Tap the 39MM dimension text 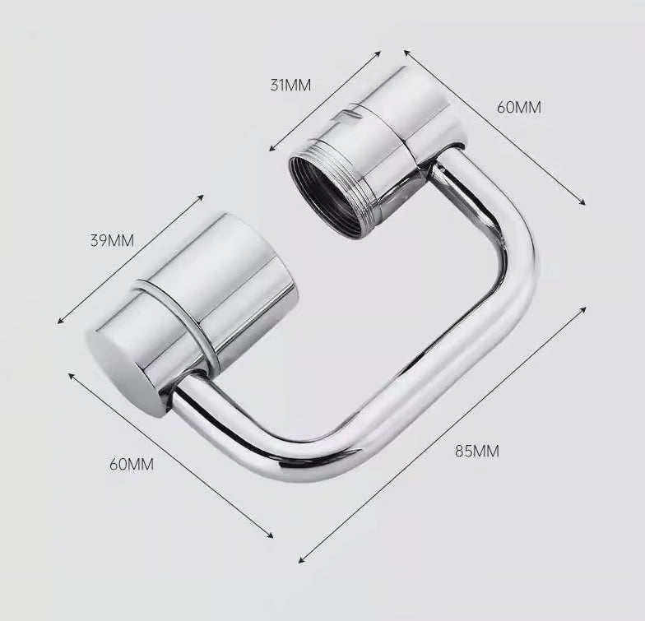pos(112,241)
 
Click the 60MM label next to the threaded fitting pos(519,107)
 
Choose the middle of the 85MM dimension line pos(443,435)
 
